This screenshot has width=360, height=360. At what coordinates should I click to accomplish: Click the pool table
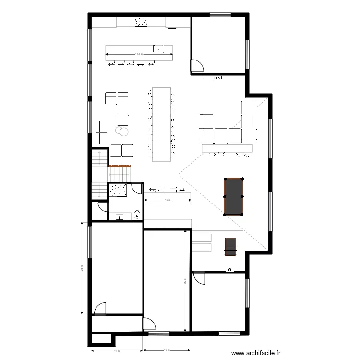click(x=233, y=196)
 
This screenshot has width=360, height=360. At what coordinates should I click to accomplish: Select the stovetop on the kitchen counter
click(x=141, y=21)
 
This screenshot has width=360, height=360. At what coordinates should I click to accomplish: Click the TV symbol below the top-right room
click(x=218, y=77)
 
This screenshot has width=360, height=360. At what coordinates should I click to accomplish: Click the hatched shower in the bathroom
click(x=118, y=191)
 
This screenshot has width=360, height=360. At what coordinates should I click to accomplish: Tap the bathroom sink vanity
click(x=120, y=217)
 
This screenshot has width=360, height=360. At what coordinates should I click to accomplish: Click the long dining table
click(x=161, y=123)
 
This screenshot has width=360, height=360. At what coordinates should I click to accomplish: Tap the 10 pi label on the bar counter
click(x=167, y=200)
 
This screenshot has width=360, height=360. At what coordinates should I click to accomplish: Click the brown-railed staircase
click(x=118, y=172)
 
